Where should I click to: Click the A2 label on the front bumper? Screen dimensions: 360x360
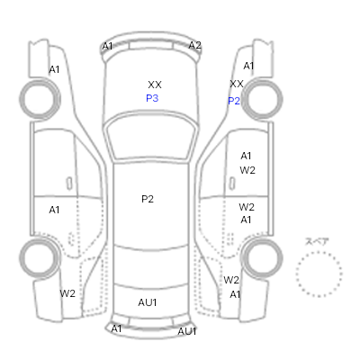(x=194, y=45)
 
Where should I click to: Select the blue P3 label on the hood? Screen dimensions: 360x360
(x=152, y=98)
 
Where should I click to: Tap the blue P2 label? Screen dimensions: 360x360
(x=234, y=101)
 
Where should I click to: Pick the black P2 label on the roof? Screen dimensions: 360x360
(x=148, y=199)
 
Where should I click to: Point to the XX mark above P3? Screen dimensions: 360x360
(x=155, y=85)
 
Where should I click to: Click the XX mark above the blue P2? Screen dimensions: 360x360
(x=237, y=84)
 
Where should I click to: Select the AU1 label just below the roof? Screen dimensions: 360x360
(x=148, y=302)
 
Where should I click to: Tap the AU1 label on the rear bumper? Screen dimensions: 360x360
(x=187, y=331)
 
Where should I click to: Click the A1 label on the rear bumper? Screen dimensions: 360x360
(x=116, y=329)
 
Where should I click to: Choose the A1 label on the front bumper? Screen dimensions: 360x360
(x=107, y=46)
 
